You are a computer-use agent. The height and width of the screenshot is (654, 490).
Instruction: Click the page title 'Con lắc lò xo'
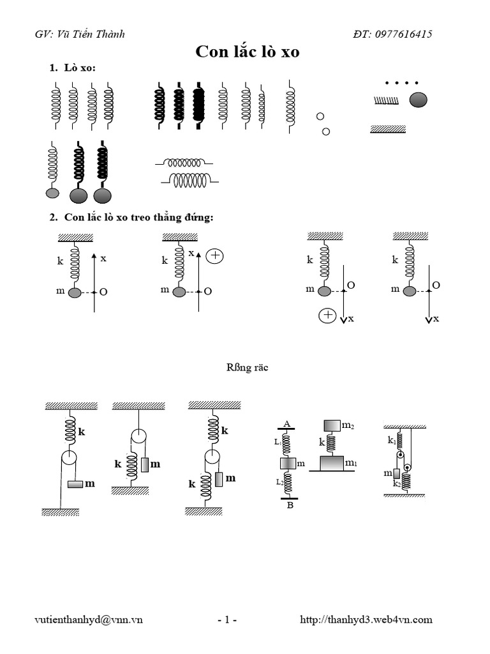247,52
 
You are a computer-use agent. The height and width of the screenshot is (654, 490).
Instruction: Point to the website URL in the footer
366,619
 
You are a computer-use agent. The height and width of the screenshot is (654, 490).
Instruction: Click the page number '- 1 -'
227,619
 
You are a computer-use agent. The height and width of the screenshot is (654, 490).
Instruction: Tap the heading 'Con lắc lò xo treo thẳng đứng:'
138,218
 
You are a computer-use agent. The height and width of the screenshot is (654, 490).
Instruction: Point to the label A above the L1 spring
286,423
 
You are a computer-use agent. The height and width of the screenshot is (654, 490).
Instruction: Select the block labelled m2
331,425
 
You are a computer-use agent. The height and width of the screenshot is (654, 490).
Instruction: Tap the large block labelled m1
331,462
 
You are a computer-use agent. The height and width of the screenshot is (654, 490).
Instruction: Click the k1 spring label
390,440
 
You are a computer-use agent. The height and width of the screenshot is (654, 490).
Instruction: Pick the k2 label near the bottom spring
396,483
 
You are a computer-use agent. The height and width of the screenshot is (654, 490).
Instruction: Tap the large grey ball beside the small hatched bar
419,100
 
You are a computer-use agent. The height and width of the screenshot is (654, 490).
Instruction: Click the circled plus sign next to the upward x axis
216,255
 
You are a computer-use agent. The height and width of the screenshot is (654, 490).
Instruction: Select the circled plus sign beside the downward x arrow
327,316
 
